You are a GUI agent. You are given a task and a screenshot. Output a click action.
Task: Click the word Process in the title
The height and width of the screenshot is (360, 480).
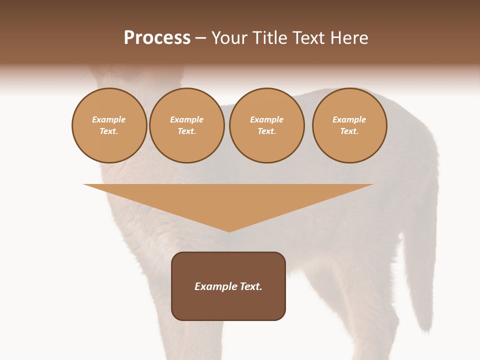coord(157,38)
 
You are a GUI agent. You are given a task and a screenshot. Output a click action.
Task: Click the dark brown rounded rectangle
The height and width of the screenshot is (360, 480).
coord(228,305)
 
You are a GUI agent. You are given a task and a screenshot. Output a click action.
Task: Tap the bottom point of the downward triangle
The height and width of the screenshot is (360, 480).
coord(229,231)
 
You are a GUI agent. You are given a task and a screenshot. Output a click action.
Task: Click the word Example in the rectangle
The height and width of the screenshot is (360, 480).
coord(216,286)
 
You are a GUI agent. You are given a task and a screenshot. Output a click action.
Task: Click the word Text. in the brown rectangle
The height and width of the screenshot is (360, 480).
coord(250,286)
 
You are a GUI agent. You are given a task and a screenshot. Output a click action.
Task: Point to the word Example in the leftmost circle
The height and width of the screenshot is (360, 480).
coord(109,119)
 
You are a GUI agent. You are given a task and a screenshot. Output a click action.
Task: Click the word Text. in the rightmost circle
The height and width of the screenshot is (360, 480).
coord(349,131)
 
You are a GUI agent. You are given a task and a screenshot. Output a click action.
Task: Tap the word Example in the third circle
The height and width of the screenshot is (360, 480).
coord(266,119)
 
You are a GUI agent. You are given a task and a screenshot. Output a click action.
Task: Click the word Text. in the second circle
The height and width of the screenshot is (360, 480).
coord(186,131)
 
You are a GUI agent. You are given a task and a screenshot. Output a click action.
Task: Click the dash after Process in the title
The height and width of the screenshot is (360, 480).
coord(200,38)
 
